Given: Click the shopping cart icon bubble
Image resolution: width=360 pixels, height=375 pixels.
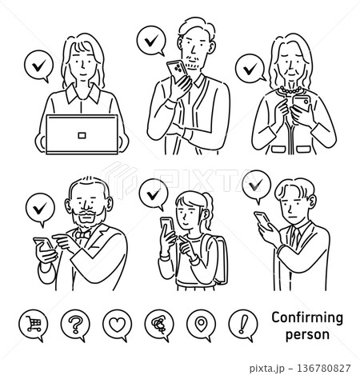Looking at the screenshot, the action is click(34, 325).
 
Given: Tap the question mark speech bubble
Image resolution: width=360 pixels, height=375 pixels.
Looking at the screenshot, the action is click(75, 325).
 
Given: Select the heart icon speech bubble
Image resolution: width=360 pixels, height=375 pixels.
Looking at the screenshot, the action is click(118, 325).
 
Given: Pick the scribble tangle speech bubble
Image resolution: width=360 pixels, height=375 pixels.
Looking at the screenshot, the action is click(159, 325).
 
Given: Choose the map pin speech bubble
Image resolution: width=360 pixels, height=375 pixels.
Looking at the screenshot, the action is click(201, 325).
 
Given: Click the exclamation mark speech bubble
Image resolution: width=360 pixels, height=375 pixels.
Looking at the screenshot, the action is click(243, 325).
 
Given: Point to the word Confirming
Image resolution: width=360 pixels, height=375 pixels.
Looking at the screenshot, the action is click(307, 318).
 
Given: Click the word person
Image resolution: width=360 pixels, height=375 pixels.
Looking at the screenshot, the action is click(307, 335).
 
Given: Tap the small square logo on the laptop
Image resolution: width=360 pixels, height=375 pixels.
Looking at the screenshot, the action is click(82, 135).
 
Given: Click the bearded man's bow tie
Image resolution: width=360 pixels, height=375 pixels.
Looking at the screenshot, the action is click(82, 235).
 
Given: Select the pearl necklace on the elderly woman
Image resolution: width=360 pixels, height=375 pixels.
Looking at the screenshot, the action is click(290, 90).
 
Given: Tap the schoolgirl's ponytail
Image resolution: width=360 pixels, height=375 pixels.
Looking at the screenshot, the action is click(208, 208).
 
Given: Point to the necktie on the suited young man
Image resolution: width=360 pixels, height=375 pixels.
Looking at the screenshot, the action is click(295, 237).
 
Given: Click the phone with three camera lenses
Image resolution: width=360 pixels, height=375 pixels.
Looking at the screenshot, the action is click(177, 70).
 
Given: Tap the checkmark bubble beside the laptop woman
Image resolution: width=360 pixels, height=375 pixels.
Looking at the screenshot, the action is click(39, 66).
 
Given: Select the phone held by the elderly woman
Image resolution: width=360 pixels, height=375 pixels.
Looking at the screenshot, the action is click(302, 103).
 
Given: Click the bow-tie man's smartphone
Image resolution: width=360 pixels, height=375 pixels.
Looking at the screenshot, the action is click(43, 245).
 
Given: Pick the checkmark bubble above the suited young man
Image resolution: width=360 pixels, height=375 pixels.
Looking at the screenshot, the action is click(257, 186).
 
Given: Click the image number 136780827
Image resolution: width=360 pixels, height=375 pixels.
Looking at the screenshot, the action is click(323, 368).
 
